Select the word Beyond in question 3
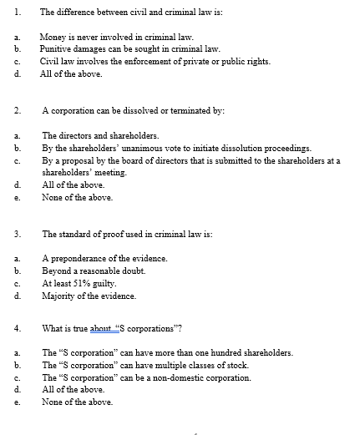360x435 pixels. tap(56, 271)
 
